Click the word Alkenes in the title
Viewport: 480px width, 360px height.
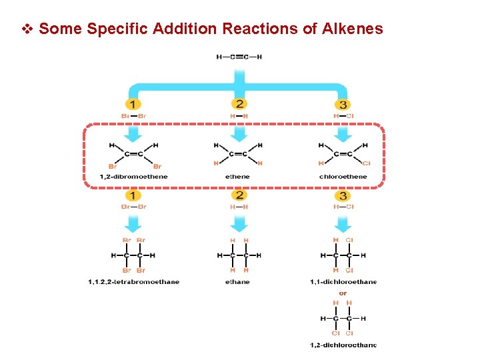(353, 29)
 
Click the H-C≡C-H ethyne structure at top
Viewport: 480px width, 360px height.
(239, 57)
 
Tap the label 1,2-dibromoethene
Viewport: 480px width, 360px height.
(133, 177)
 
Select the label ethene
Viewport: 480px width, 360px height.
(238, 177)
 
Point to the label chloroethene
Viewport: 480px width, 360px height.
(343, 177)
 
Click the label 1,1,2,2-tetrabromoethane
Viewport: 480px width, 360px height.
(133, 282)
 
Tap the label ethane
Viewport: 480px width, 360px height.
(238, 282)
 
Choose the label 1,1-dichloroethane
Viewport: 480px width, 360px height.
(343, 282)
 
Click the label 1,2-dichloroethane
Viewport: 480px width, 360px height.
(343, 345)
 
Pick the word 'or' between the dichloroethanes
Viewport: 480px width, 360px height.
(343, 293)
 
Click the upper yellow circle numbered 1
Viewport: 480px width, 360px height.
(133, 104)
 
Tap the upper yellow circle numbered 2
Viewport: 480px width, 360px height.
(239, 104)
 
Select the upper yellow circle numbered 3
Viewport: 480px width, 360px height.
(343, 104)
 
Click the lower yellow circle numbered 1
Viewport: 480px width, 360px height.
(133, 195)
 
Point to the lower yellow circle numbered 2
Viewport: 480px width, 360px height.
(239, 195)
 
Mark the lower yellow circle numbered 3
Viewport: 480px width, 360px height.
(343, 195)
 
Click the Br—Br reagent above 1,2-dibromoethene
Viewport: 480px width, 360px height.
(133, 116)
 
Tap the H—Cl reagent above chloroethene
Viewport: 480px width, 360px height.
(343, 116)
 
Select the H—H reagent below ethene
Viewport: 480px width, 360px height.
(239, 207)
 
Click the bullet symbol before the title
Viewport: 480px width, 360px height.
(27, 29)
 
